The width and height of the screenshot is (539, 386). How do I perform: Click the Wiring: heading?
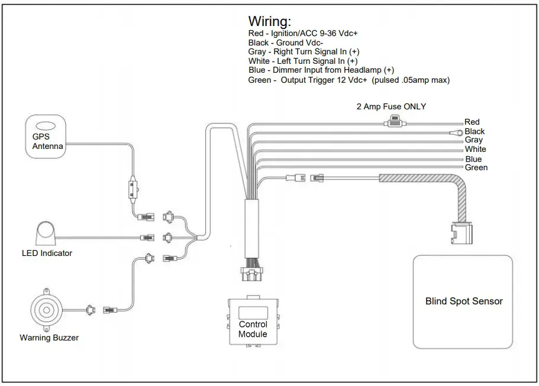point(269,22)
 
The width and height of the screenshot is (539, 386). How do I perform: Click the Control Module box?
point(253,322)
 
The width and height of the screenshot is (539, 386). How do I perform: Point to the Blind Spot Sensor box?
point(463,301)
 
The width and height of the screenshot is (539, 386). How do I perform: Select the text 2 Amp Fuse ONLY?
point(391,107)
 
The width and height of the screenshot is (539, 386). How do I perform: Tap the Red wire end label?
point(472,122)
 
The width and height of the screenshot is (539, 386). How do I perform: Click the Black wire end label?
point(475,131)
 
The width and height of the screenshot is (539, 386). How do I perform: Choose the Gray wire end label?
point(473,140)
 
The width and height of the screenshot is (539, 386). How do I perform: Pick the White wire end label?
point(475,149)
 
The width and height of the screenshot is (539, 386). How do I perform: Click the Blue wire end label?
point(473,159)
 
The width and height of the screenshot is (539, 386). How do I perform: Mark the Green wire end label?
point(476,168)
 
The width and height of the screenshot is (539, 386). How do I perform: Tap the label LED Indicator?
point(47,254)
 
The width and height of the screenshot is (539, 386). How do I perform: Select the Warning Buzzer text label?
point(49,338)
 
